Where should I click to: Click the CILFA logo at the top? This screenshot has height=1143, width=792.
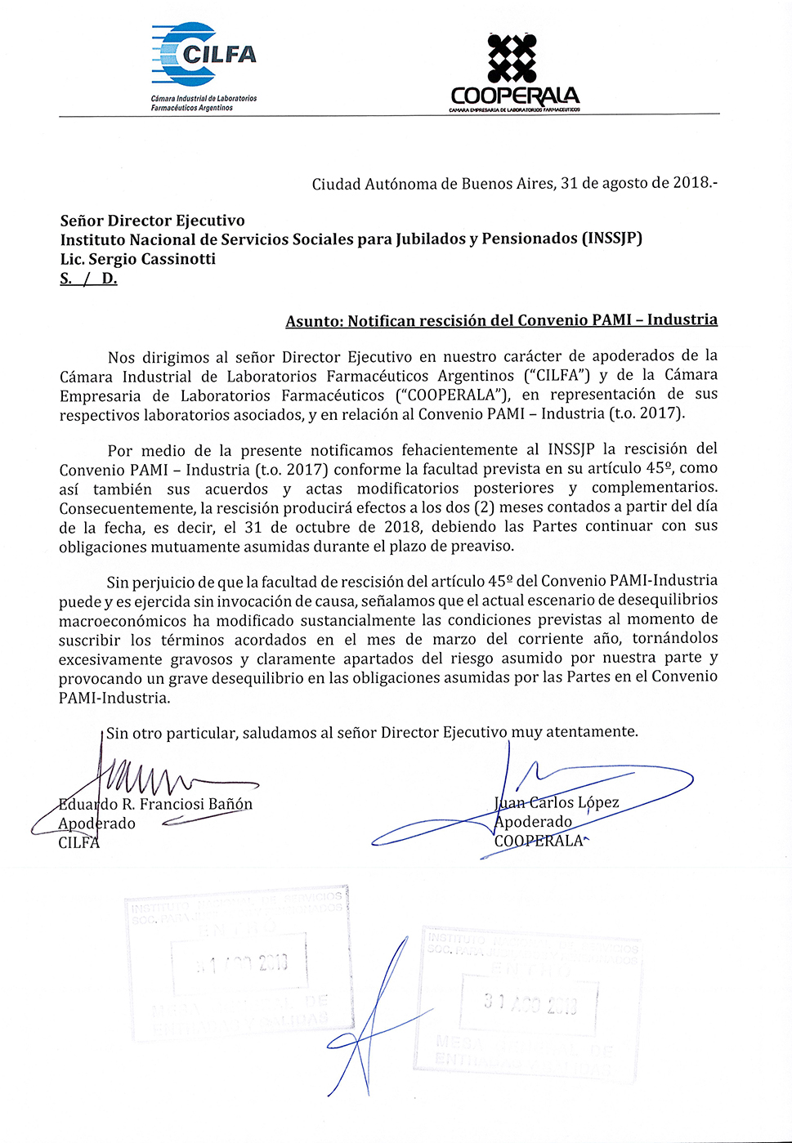204,65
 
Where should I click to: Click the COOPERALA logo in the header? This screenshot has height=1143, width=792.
514,74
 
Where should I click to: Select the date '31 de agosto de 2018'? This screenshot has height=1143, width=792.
634,183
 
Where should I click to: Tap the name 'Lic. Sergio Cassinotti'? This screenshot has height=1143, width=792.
138,259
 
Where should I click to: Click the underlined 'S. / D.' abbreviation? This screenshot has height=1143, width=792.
88,279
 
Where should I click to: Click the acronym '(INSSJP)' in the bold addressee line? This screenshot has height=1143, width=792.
611,239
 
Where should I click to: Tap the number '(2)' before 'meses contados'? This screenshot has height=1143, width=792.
484,507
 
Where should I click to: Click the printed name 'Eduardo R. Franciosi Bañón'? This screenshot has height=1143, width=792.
155,804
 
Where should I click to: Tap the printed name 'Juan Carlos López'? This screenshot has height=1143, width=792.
557,802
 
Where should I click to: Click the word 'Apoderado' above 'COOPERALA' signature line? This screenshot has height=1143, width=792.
534,822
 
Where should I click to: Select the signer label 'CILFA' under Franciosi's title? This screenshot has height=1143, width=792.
78,842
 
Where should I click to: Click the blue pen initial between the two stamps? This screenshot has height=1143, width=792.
372,1021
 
